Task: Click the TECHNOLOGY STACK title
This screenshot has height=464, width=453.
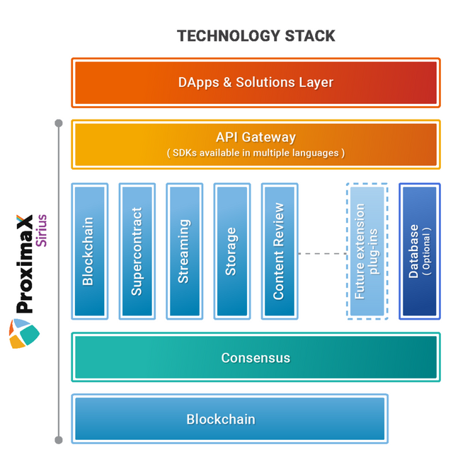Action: (x=256, y=35)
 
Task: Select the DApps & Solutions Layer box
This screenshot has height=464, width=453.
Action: (x=255, y=83)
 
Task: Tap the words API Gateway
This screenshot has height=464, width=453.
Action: (x=256, y=137)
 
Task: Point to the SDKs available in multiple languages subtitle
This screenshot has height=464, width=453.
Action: (x=256, y=153)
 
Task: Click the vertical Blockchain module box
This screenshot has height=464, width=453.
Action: (x=88, y=250)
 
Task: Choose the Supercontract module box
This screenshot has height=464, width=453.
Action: (x=137, y=250)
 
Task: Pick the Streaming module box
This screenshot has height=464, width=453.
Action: (x=184, y=250)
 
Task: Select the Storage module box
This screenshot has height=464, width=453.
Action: (x=231, y=250)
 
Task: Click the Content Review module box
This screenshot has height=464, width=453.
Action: (x=278, y=250)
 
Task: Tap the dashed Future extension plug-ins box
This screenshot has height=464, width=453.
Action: (x=367, y=251)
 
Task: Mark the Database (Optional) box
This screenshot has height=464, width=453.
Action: (x=420, y=251)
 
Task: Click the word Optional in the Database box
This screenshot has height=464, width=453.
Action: (x=426, y=251)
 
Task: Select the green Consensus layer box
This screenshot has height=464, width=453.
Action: (x=255, y=357)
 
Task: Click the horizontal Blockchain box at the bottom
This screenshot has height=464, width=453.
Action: (x=229, y=419)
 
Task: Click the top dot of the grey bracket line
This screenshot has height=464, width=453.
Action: (x=59, y=124)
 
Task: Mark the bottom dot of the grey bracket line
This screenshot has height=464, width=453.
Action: (x=59, y=440)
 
